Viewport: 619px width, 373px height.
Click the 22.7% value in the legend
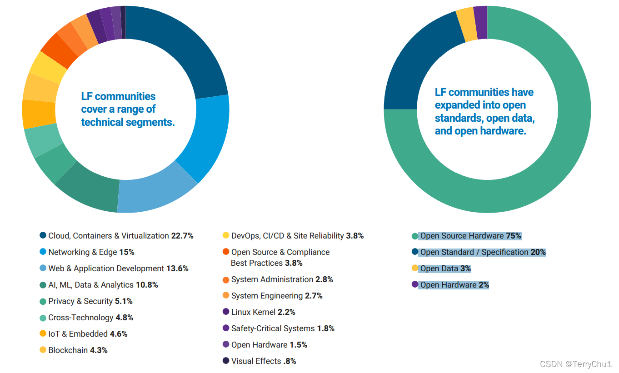pyautogui.click(x=182, y=236)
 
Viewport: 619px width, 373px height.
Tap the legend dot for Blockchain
pyautogui.click(x=43, y=350)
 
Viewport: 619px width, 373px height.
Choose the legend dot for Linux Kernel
pyautogui.click(x=226, y=312)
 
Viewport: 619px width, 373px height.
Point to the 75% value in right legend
pyautogui.click(x=513, y=236)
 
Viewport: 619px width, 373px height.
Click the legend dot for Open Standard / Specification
pyautogui.click(x=414, y=252)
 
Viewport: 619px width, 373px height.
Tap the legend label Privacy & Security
pyautogui.click(x=81, y=301)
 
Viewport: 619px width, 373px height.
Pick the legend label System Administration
pyautogui.click(x=272, y=279)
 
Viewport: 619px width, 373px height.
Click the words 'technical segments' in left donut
pyautogui.click(x=128, y=122)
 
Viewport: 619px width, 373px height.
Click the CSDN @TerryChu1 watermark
pyautogui.click(x=576, y=364)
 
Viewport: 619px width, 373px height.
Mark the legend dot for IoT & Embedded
pyautogui.click(x=43, y=333)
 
